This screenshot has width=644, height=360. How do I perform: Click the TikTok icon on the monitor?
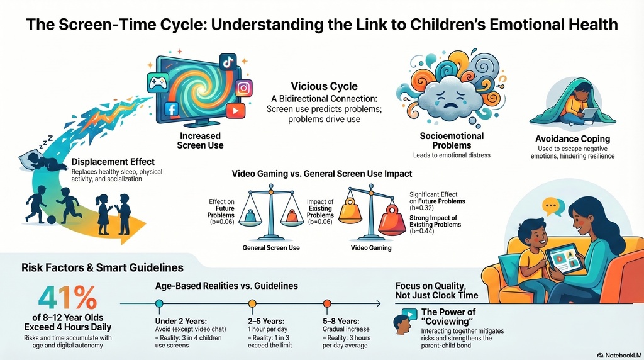click(x=228, y=62)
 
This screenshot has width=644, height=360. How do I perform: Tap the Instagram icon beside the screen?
click(x=243, y=88)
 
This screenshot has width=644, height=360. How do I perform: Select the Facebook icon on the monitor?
click(x=172, y=109)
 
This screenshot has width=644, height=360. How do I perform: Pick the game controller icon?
click(x=158, y=82)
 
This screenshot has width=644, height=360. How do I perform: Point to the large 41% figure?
click(x=68, y=298)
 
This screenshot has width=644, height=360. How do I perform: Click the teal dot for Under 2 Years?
click(x=159, y=304)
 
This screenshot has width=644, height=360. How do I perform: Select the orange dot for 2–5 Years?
click(x=252, y=304)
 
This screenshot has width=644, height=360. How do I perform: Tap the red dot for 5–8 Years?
click(x=327, y=304)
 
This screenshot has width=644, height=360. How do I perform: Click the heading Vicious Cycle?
click(x=324, y=86)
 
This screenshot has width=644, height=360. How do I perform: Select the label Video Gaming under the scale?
click(x=371, y=248)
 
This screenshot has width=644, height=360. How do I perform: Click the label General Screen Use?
click(x=271, y=248)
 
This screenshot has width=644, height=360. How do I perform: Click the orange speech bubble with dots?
click(x=550, y=206)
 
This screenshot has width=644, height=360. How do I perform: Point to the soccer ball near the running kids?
click(x=52, y=220)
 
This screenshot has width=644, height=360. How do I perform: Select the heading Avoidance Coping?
click(x=572, y=139)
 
